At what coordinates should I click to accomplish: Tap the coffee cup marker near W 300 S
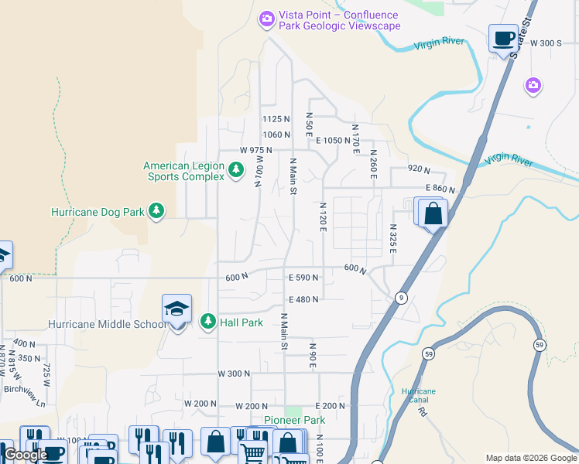(503, 38)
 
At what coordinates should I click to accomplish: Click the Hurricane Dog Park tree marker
(156, 211)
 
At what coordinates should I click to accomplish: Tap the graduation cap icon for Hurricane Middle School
(176, 310)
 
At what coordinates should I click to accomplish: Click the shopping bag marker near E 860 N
(433, 213)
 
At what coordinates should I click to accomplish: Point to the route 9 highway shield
(400, 298)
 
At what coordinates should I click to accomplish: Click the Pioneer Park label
(294, 420)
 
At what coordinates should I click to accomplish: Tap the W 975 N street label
(256, 150)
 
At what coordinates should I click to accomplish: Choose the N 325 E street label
(393, 239)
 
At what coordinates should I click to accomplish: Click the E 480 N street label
(303, 300)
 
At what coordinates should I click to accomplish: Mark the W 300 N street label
(234, 374)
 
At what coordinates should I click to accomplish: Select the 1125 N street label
(276, 119)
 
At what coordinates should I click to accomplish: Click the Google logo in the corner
(26, 455)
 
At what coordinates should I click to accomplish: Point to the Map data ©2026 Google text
(531, 458)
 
